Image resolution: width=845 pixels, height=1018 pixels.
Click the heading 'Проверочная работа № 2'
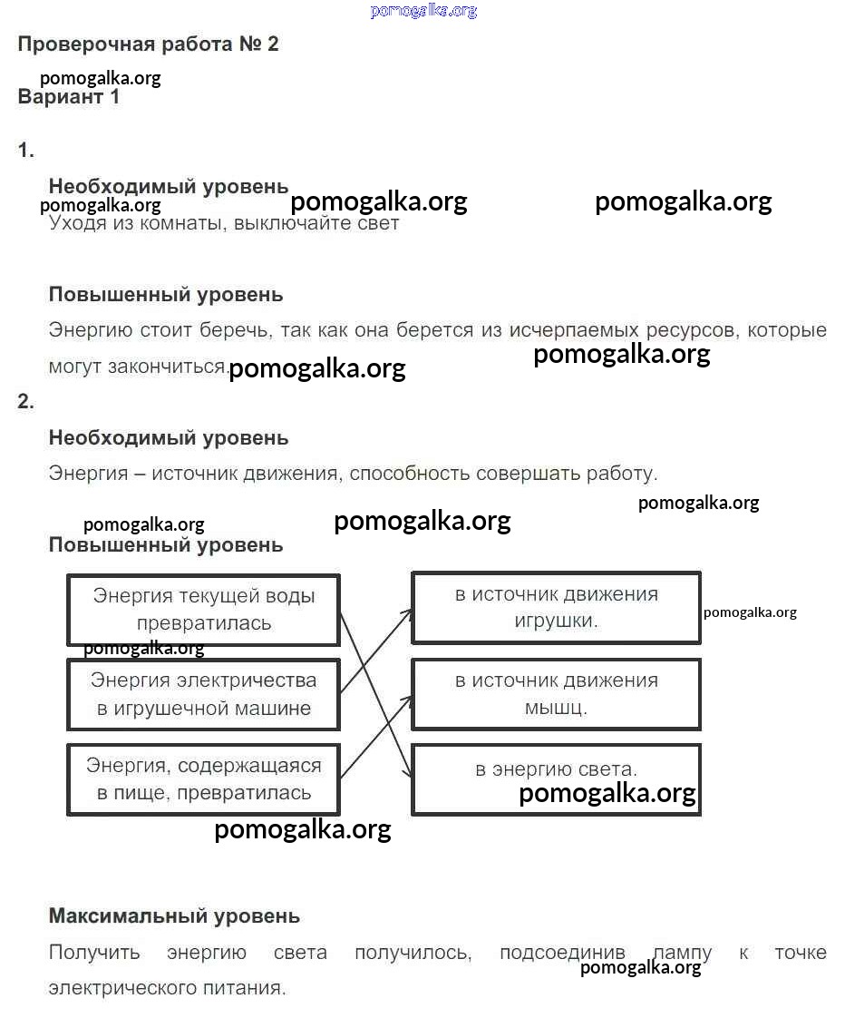148,44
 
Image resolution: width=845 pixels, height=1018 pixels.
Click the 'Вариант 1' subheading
68,97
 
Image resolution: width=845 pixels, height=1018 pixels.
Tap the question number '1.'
25,152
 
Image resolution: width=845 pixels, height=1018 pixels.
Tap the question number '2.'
25,402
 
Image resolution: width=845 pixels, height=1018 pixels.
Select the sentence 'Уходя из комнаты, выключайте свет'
223,223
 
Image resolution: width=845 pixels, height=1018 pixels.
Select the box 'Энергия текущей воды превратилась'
203,610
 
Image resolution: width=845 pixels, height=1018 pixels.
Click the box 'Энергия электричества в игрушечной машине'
203,695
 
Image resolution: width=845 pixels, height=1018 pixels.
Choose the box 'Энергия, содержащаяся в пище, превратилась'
203,779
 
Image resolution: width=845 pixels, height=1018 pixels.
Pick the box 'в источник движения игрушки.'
556,608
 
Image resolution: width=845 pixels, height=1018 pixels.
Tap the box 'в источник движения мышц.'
556,694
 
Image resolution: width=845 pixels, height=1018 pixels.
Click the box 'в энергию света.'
556,778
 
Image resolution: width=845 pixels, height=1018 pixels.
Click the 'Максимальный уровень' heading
174,916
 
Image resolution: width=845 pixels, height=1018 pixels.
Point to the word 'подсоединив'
562,954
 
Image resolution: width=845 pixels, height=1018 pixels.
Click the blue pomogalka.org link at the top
423,11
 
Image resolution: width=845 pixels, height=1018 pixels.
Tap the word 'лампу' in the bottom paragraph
682,954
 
